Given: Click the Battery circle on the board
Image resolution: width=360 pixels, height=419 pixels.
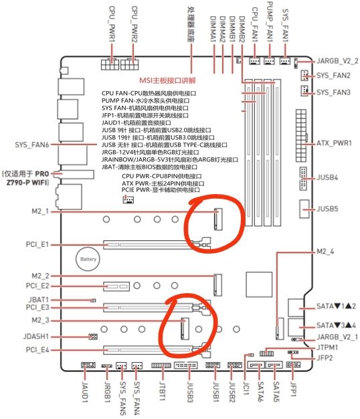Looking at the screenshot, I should pos(88,258).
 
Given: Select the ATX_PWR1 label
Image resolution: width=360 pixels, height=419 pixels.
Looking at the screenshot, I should pos(333,144).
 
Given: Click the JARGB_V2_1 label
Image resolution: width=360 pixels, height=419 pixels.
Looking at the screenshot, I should pos(338,336).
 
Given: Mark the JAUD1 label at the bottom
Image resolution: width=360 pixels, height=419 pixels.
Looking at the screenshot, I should pos(86,391).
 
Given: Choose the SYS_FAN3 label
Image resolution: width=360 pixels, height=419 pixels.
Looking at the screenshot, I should pos(334,92).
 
